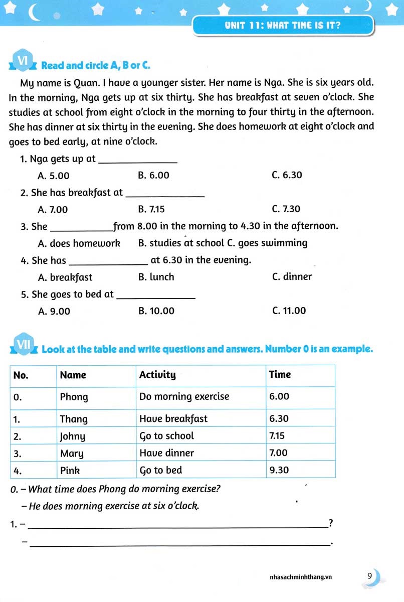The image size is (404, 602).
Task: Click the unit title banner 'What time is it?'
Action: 283,25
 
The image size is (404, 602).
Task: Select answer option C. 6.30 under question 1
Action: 287,175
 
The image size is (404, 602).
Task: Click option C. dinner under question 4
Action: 292,277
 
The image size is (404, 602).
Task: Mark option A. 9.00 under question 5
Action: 54,312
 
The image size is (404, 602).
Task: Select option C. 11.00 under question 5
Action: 289,311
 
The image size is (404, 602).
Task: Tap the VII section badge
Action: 24,345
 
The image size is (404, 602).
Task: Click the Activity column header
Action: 157,375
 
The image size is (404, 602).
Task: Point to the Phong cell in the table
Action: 74,397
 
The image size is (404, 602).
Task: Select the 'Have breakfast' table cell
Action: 173,418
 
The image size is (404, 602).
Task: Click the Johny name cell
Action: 73,436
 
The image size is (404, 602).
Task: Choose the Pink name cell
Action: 70,471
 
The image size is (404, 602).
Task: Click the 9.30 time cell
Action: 279,471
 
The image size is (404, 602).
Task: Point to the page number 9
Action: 369,576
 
